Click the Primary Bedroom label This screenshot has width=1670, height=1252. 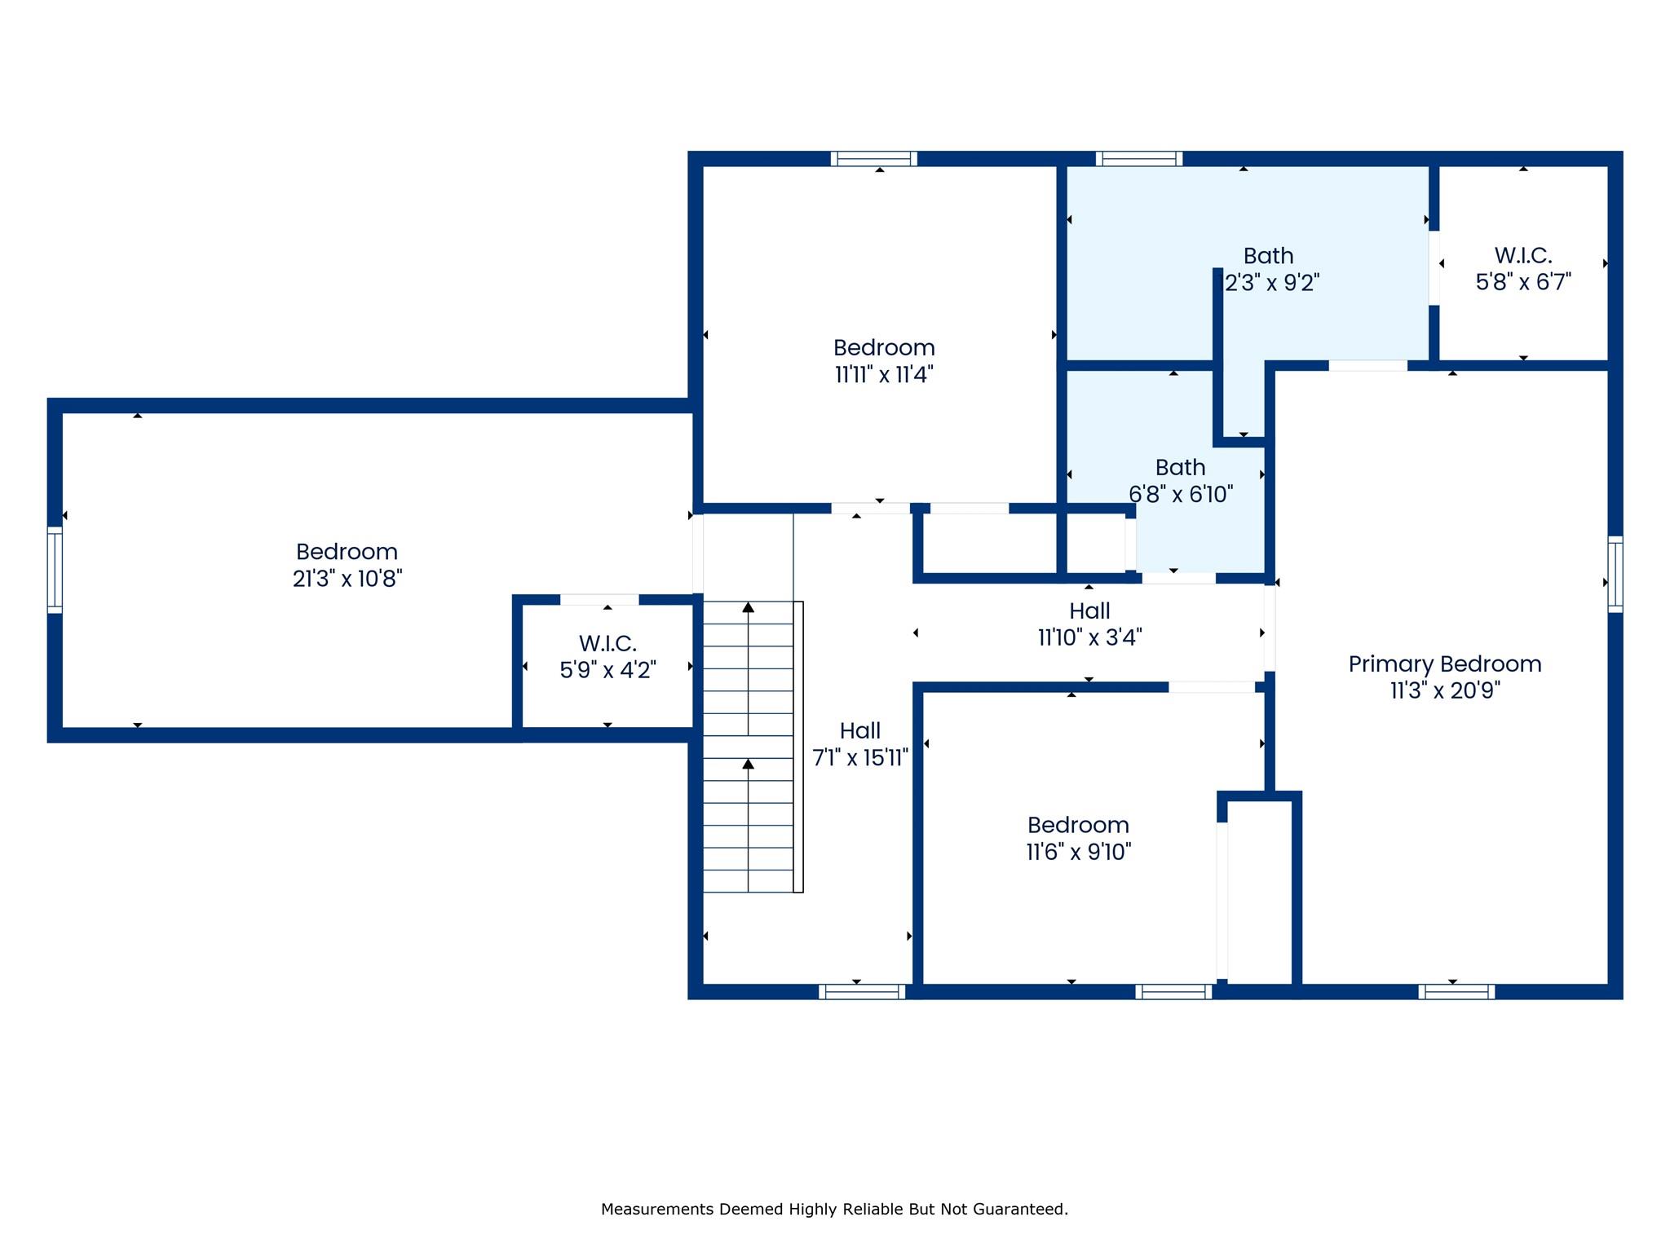(x=1444, y=664)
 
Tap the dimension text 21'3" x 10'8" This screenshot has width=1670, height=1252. (x=347, y=579)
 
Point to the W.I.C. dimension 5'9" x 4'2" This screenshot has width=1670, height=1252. (x=607, y=670)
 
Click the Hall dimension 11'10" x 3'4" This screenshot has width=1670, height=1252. (x=1089, y=637)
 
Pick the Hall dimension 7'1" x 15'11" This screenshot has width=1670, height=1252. (x=860, y=758)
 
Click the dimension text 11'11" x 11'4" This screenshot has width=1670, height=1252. (x=884, y=375)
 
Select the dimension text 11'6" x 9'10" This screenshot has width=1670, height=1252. (x=1078, y=852)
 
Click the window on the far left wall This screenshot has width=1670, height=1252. (x=55, y=569)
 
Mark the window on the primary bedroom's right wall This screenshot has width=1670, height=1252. (x=1615, y=574)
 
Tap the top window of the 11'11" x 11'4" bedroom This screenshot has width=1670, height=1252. (x=874, y=158)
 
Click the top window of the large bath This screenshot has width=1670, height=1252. (x=1139, y=158)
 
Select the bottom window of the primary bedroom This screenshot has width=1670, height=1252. (x=1456, y=991)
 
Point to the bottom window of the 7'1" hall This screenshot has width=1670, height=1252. (x=862, y=991)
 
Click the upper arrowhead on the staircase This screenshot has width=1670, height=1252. (x=748, y=607)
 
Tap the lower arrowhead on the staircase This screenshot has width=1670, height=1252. (x=748, y=764)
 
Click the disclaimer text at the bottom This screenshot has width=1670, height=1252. (x=834, y=1210)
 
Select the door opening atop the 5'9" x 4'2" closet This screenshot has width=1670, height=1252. (x=599, y=600)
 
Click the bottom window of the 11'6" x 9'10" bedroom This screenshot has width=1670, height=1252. (x=1173, y=991)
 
